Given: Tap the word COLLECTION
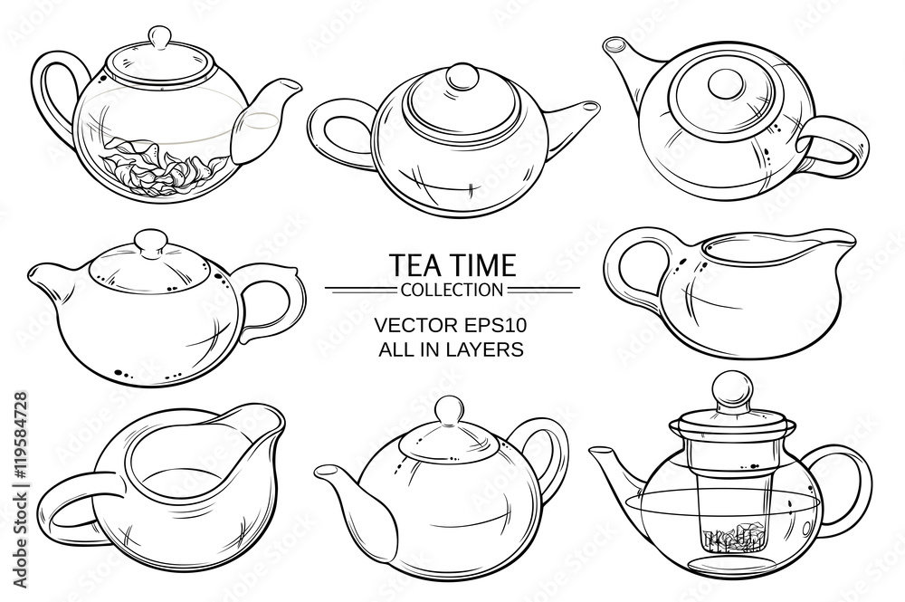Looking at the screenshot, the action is (x=452, y=289).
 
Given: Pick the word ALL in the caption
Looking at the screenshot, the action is (x=393, y=349).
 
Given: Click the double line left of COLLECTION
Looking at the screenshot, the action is (x=361, y=288).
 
